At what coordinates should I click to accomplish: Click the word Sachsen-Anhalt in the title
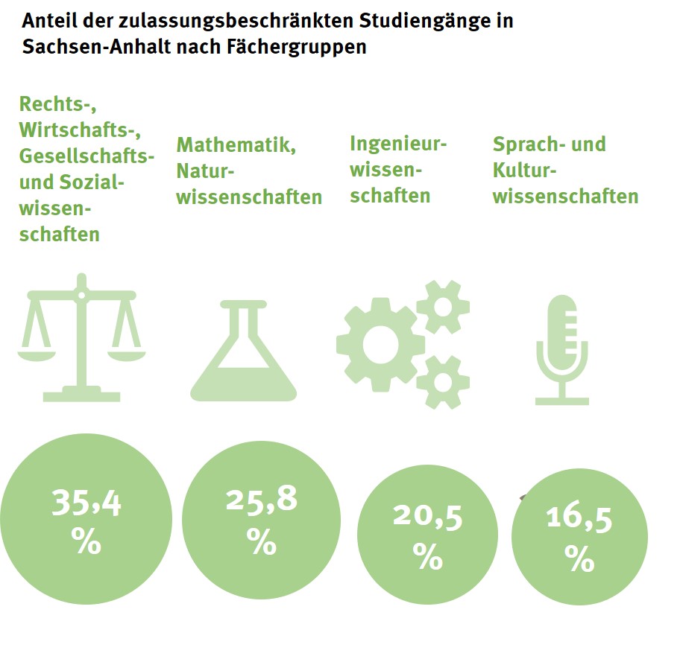point(81,46)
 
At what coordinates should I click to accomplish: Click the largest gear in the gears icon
point(380,343)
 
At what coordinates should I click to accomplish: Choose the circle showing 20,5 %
point(427,535)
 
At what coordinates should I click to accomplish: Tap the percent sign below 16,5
point(579,558)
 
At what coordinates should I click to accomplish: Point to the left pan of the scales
point(40,354)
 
